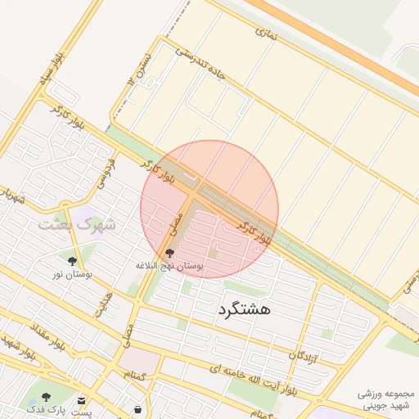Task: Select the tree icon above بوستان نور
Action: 73,261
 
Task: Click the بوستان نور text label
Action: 73,274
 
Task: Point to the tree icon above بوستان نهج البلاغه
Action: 169,254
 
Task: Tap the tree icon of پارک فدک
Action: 46,397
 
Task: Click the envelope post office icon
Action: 82,399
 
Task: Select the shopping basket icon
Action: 137,408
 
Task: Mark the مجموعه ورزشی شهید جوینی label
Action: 387,400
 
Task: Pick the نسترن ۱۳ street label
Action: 138,69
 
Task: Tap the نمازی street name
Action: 266,34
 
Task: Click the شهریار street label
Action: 11,197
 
